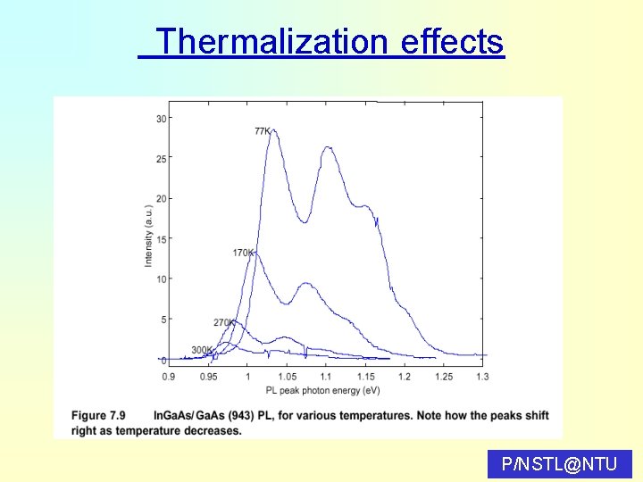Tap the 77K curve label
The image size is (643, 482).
[x=263, y=131]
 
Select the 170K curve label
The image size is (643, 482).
[x=243, y=253]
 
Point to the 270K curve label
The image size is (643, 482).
[x=223, y=322]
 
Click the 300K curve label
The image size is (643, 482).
[x=202, y=350]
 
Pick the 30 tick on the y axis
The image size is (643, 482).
[x=161, y=119]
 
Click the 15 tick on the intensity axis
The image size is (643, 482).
[x=161, y=239]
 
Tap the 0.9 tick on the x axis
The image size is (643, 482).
[x=169, y=377]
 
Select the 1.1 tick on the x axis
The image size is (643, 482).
[x=326, y=377]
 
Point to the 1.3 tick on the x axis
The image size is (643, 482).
[x=482, y=377]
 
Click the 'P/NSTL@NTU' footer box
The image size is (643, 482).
[x=560, y=463]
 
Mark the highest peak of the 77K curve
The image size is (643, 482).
[x=272, y=130]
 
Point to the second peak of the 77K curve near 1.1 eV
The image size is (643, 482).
[x=327, y=148]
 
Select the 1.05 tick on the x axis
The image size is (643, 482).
[x=287, y=377]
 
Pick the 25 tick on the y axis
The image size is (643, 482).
[x=161, y=159]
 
